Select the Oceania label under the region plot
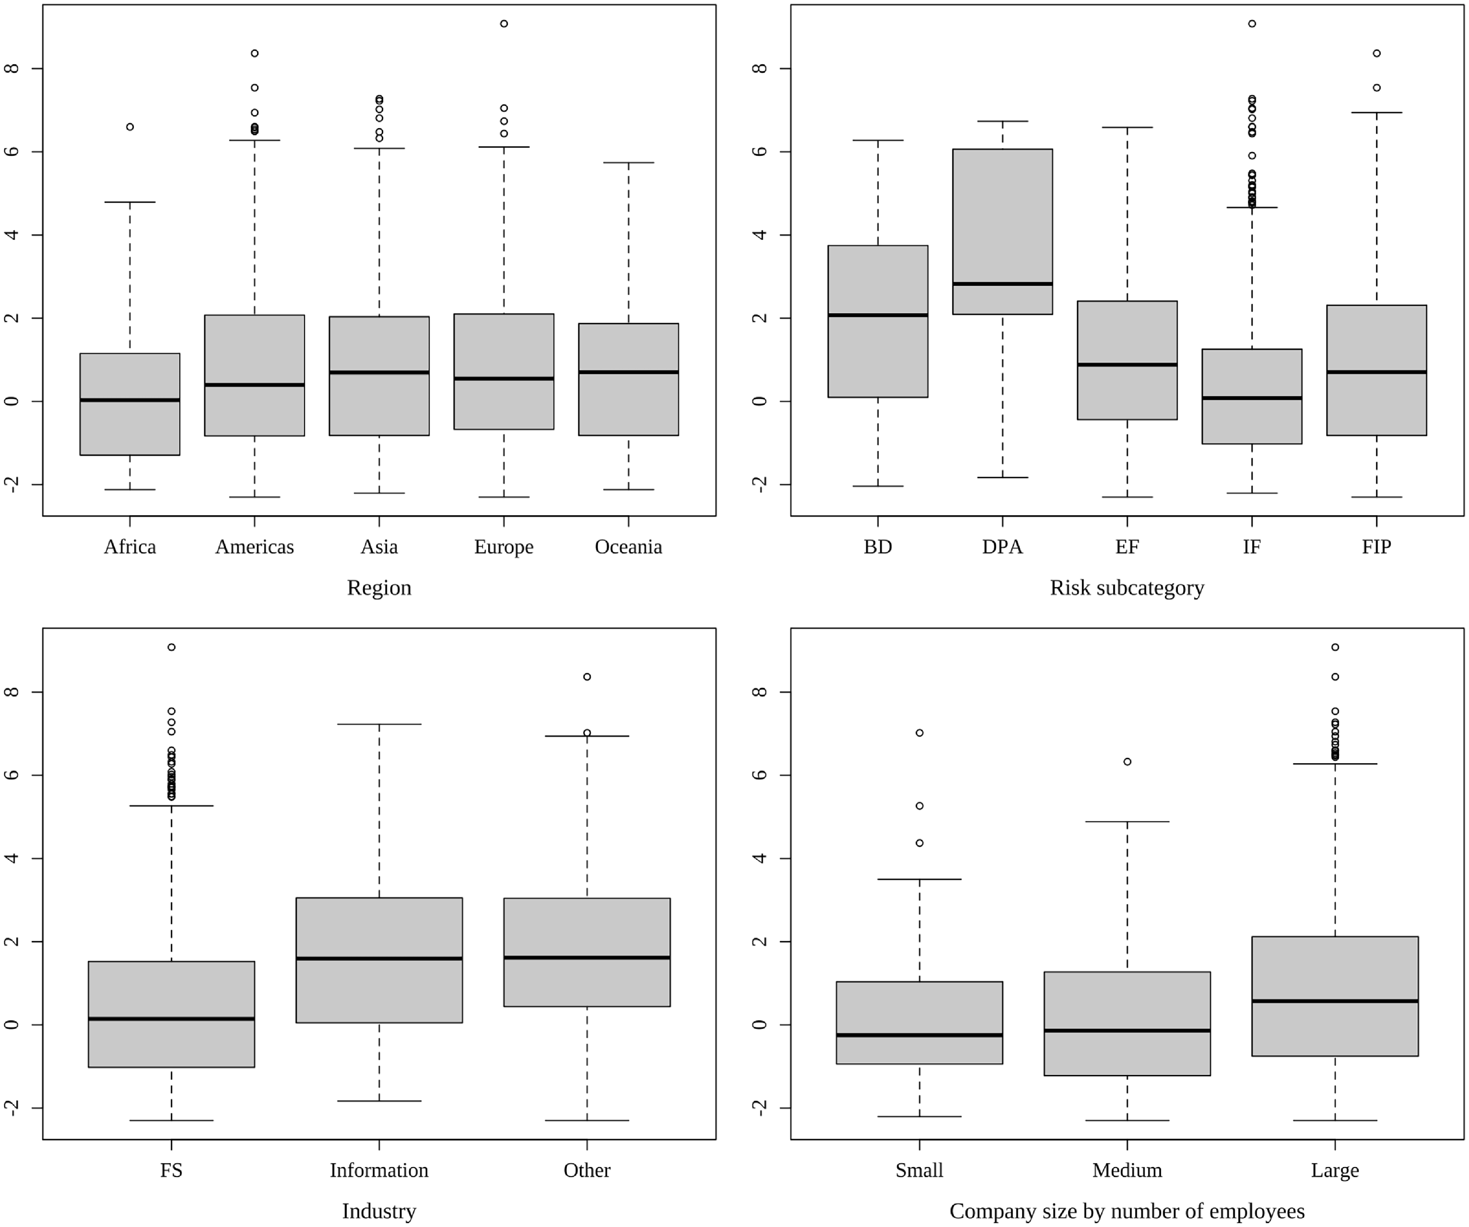pos(628,547)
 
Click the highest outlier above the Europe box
pos(504,24)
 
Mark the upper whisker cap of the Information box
pos(379,724)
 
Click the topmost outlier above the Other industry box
pos(587,676)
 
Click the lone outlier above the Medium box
pos(1127,762)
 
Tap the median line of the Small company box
pos(919,1035)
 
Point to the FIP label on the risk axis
pos(1376,547)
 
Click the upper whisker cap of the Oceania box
pos(628,163)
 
